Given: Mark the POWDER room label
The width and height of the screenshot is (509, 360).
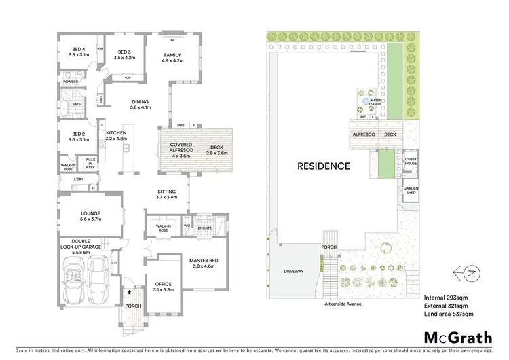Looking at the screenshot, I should [x=70, y=82].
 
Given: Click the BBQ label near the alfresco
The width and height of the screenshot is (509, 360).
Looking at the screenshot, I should [x=181, y=126].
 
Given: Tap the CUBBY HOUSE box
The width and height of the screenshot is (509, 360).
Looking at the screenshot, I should [x=411, y=161].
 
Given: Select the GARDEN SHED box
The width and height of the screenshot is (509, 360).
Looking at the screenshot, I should [x=411, y=191].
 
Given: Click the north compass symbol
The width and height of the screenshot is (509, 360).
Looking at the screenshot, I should [x=466, y=272].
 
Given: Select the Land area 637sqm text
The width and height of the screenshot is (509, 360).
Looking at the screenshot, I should [x=449, y=314].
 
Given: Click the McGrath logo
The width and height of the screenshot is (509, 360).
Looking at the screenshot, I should [x=449, y=338].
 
